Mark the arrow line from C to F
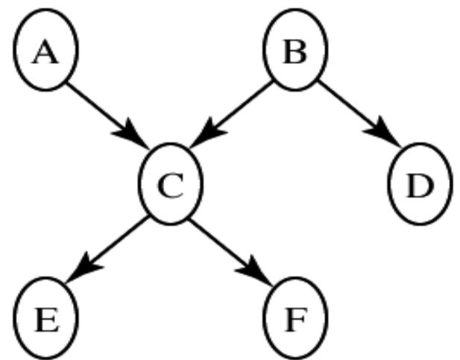[x=224, y=242]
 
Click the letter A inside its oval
[x=45, y=52]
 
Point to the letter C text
[x=171, y=186]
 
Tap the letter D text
[x=420, y=186]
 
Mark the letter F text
[x=295, y=320]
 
